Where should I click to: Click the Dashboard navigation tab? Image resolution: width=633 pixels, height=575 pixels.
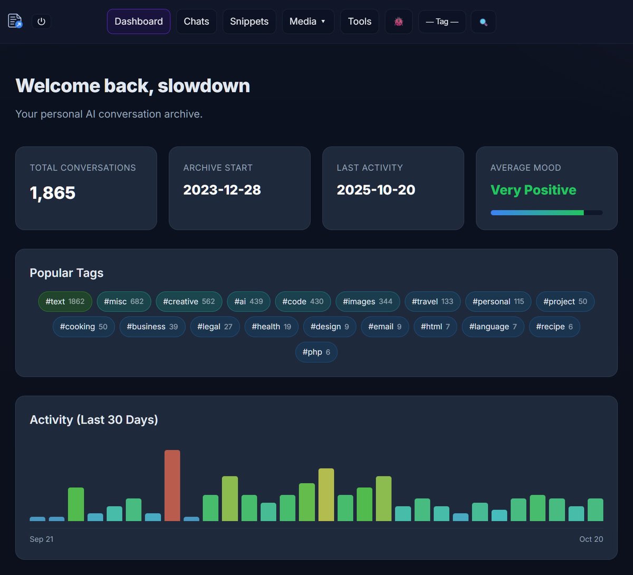139,22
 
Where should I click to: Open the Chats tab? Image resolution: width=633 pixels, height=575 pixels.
196,22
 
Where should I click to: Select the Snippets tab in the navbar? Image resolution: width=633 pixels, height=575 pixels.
249,22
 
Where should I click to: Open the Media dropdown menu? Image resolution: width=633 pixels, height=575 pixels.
308,22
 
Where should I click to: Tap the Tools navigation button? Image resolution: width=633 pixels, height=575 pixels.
359,22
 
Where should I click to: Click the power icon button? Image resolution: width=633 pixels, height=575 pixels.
42,22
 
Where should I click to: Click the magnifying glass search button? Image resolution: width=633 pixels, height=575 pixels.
483,22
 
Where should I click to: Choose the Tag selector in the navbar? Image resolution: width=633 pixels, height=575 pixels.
442,22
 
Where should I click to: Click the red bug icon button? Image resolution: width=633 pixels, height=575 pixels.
399,22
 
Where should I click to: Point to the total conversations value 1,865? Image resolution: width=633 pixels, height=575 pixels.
53,193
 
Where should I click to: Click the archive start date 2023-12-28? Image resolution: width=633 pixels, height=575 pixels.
222,190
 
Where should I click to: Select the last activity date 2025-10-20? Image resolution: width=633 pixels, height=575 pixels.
376,190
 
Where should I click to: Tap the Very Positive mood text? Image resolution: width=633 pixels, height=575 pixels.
533,190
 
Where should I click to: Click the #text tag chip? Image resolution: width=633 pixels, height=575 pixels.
65,302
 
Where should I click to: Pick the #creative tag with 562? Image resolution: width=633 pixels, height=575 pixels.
189,302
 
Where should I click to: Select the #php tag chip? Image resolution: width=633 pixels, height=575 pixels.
316,352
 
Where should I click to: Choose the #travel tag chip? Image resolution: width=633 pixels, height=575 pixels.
432,302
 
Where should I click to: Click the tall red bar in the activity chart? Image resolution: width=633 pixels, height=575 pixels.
172,485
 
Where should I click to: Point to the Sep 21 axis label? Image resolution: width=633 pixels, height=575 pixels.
42,539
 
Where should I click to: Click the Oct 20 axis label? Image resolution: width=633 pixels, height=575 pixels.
591,539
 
